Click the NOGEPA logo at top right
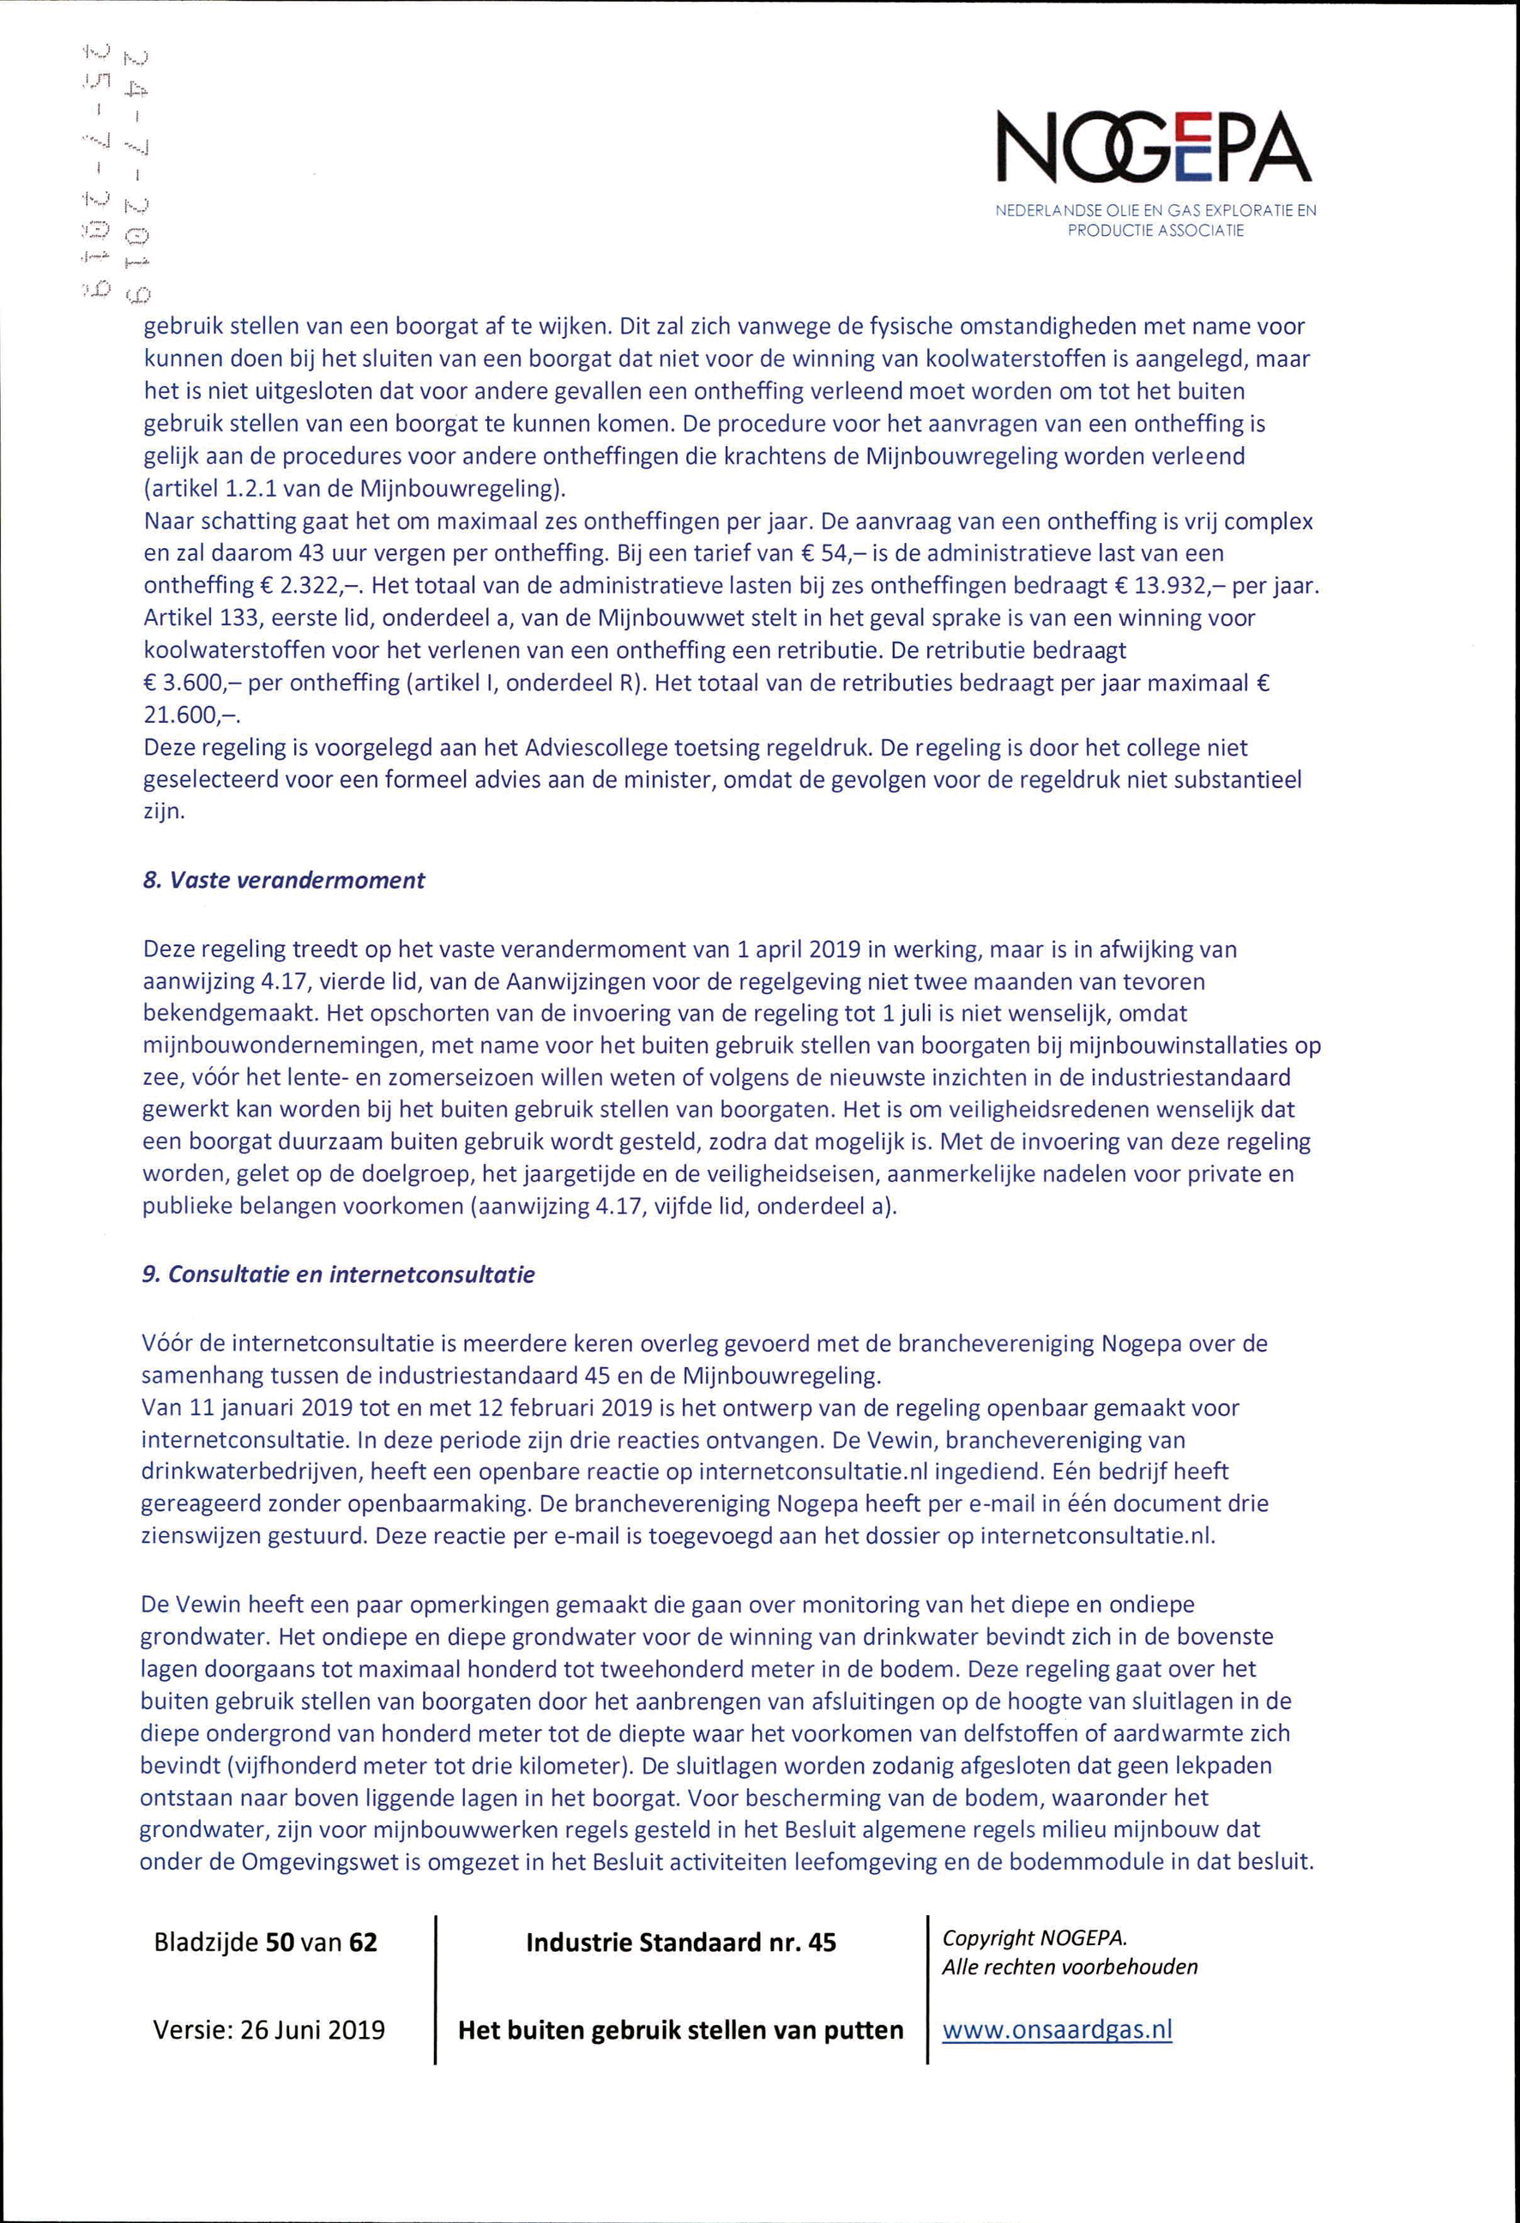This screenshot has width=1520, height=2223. pos(1155,148)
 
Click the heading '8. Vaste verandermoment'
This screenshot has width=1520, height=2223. pos(284,880)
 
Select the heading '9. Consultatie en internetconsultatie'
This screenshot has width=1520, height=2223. pos(338,1275)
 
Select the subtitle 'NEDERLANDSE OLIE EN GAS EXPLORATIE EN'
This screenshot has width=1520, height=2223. pos(1155,210)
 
